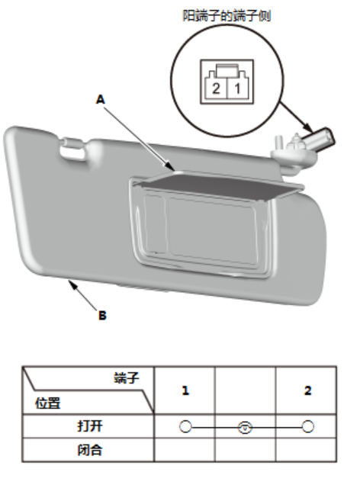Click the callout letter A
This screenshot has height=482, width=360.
pyautogui.click(x=101, y=100)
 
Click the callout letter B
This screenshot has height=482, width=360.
pyautogui.click(x=102, y=316)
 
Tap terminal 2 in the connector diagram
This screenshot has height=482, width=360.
pyautogui.click(x=216, y=88)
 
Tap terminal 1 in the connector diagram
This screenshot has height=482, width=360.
pyautogui.click(x=237, y=88)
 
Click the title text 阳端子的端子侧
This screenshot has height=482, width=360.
pyautogui.click(x=227, y=16)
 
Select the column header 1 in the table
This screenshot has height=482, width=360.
pyautogui.click(x=185, y=390)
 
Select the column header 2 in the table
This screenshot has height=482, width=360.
pyautogui.click(x=307, y=390)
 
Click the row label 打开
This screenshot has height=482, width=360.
pyautogui.click(x=90, y=426)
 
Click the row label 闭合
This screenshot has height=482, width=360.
pyautogui.click(x=90, y=450)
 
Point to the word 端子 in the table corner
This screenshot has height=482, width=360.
pyautogui.click(x=127, y=378)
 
